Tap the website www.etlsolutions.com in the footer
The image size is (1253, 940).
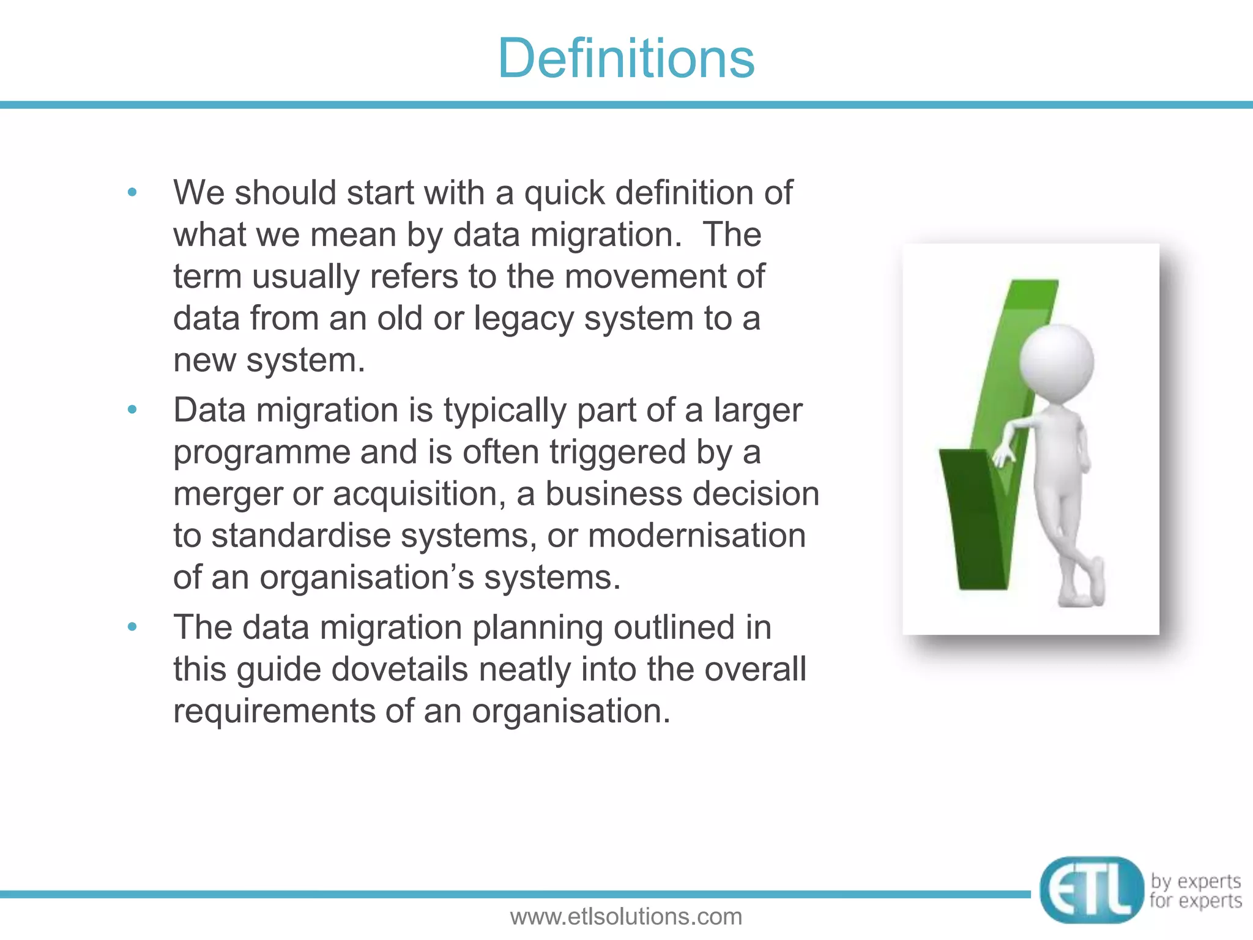click(x=626, y=917)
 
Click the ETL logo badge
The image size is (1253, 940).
click(x=1091, y=890)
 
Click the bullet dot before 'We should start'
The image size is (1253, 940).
click(x=132, y=193)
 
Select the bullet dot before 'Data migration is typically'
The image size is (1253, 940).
click(x=132, y=410)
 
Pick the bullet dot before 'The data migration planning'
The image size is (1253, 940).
click(x=132, y=627)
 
